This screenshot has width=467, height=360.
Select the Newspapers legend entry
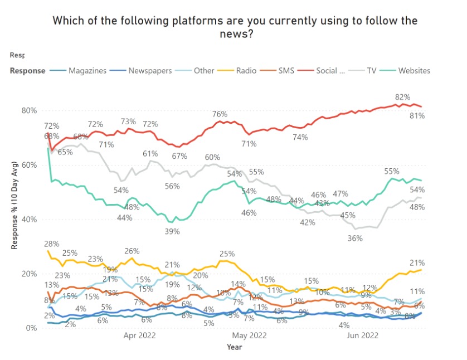[149, 71]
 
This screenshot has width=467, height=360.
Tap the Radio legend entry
[245, 71]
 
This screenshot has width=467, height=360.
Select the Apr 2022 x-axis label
[139, 335]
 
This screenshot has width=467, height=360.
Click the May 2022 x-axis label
[249, 335]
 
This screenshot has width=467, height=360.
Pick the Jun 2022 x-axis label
[363, 335]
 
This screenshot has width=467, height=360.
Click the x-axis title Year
[234, 347]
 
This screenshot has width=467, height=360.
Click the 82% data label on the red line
[402, 97]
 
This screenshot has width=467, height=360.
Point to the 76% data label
[220, 114]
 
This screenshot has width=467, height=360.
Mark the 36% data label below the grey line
[355, 238]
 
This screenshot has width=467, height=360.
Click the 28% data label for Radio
[51, 244]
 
